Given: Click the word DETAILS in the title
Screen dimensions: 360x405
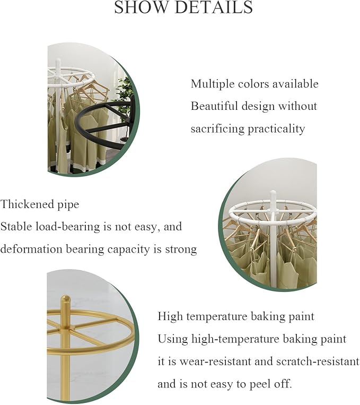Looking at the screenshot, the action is [214, 7].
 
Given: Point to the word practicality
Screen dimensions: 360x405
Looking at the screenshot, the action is [276, 129].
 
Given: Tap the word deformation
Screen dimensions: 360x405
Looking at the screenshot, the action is [31, 249].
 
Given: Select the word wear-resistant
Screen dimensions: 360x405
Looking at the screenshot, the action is [215, 361].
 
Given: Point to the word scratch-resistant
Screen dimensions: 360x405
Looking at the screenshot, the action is [318, 361].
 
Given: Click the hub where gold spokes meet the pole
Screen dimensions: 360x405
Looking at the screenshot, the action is [65, 331].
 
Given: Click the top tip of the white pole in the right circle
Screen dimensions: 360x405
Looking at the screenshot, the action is [273, 192].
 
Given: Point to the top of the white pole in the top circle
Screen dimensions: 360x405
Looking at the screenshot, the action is [58, 61].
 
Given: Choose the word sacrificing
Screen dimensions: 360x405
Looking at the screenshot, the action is [217, 129].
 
